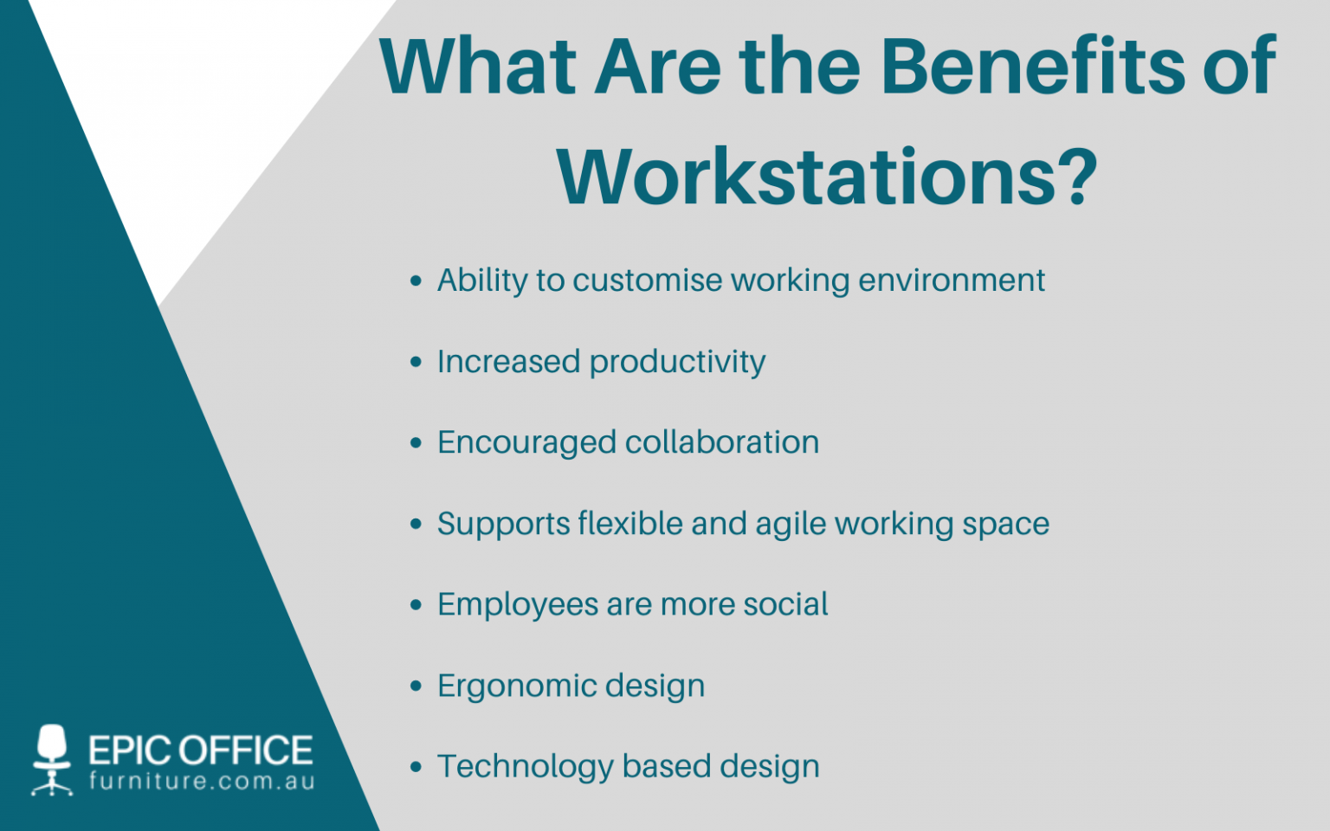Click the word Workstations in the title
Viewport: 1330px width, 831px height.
pos(804,177)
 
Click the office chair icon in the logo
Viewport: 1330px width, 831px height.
pos(52,759)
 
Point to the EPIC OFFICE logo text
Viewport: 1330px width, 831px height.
pos(200,750)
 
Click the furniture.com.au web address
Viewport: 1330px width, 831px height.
pos(202,782)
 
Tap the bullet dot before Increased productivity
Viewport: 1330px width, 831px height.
pos(416,362)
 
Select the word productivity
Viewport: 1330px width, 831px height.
pos(677,363)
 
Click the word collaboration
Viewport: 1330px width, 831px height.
pos(722,442)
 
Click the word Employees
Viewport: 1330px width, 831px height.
pos(517,605)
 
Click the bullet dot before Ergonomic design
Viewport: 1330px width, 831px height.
pos(416,686)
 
